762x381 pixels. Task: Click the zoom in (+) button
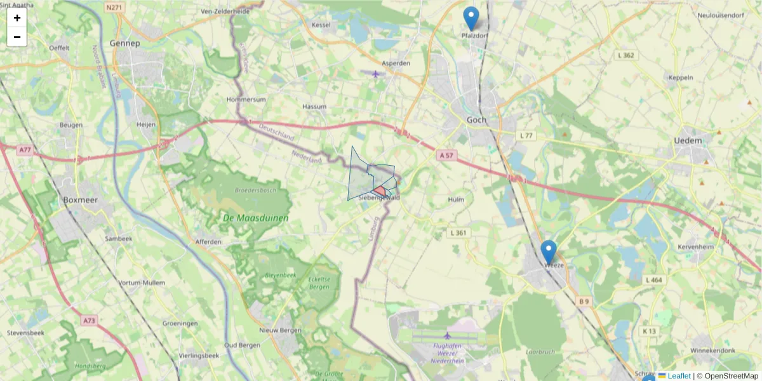pos(17,18)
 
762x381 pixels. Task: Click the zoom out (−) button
pos(17,37)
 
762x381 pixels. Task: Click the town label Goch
pos(476,119)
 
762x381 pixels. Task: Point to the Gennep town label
pos(124,43)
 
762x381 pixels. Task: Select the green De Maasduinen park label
pos(255,218)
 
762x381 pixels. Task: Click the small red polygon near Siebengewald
pos(380,190)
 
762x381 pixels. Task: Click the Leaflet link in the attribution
pos(679,376)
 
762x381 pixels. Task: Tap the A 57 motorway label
pos(446,154)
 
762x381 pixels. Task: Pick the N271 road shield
pos(115,8)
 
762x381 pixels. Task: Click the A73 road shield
pos(88,321)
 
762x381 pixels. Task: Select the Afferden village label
pos(208,242)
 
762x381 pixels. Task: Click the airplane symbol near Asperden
pos(376,74)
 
